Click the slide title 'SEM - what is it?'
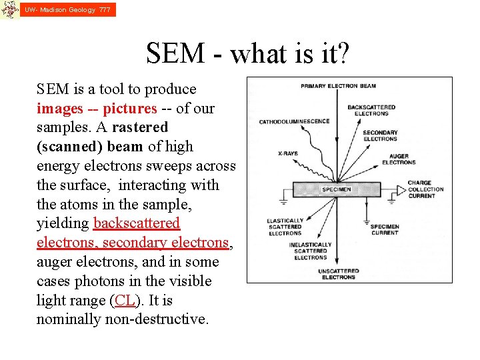point(247,53)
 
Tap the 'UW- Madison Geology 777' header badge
point(67,10)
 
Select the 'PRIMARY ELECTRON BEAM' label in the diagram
point(338,86)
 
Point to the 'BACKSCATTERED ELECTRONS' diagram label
point(371,110)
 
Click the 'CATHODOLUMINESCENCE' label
point(294,121)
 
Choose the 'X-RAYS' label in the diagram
point(288,153)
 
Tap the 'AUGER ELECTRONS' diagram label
point(399,159)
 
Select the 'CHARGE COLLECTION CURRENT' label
point(425,189)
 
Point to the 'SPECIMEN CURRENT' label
point(385,229)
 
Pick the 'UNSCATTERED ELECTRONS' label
point(339,274)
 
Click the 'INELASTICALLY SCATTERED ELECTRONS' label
point(310,251)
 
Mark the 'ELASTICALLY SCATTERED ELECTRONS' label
point(285,227)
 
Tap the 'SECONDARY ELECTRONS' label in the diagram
point(380,136)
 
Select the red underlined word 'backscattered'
point(137,223)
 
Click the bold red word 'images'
point(60,108)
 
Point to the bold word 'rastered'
point(140,127)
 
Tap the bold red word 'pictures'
point(129,108)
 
